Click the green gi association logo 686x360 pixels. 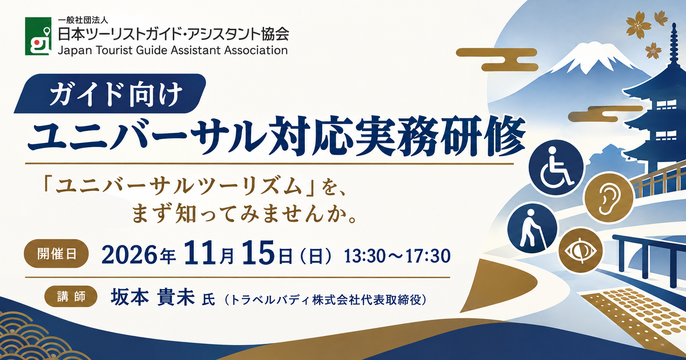pos(38,36)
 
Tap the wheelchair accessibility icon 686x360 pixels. pos(556,167)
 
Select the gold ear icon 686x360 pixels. pos(609,197)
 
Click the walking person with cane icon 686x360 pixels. pos(532,228)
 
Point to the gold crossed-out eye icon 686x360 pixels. pos(581,250)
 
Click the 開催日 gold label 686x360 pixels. pos(56,253)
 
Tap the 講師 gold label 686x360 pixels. pos(71,296)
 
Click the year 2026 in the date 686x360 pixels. pos(129,254)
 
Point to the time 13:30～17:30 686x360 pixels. pos(397,256)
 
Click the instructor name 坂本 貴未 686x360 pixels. pos(153,297)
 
